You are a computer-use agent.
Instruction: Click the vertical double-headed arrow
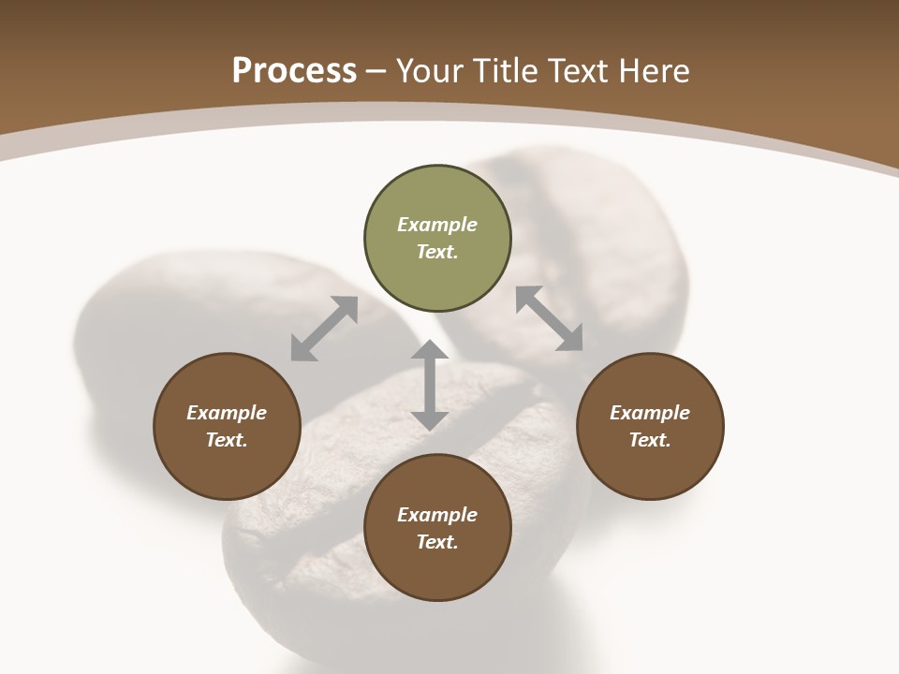coord(430,386)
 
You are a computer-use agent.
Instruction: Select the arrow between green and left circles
coord(324,329)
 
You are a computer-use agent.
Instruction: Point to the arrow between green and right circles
coord(550,319)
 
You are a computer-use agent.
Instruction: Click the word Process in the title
coord(294,71)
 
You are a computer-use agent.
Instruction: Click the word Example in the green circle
coord(437,225)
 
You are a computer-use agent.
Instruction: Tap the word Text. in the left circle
coord(227,440)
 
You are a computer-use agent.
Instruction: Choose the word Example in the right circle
coord(650,413)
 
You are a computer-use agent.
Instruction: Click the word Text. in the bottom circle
coord(437,542)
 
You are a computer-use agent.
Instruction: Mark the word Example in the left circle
coord(227,413)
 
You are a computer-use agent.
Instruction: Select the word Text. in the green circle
coord(437,252)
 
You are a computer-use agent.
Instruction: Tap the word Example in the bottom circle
coord(437,515)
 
